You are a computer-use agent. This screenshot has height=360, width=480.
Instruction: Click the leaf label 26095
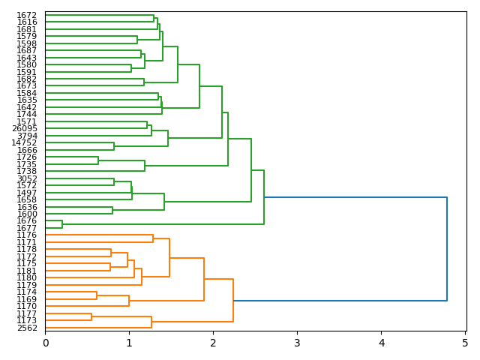point(25,129)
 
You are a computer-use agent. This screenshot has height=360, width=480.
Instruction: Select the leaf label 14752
point(25,143)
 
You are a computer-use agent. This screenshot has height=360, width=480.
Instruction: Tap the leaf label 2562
point(28,328)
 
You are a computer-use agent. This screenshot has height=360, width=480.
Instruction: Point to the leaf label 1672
point(28,15)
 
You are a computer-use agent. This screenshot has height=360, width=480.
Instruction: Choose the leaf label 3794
point(28,136)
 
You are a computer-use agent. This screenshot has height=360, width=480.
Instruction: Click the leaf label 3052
point(28,178)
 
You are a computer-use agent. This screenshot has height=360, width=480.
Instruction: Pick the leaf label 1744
point(28,115)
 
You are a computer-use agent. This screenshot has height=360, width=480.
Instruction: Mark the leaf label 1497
point(28,193)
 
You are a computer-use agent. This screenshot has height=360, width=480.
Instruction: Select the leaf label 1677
point(28,228)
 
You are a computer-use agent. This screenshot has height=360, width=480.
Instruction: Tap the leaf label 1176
point(28,235)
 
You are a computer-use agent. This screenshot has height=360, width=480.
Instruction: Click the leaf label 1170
point(28,306)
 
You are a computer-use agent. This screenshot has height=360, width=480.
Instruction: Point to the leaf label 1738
point(28,171)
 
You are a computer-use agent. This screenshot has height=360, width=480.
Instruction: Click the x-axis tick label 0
point(45,343)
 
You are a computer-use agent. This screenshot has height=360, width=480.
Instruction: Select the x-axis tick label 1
point(129,343)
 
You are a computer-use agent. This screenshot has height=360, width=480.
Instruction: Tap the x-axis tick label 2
point(213,343)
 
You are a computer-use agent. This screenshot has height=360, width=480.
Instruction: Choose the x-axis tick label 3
point(297,343)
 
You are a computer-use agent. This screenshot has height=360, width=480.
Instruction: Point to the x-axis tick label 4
point(381,343)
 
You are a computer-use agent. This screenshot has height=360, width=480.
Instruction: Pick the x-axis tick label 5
point(465,343)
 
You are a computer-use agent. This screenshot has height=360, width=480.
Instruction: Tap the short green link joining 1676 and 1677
point(62,224)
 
